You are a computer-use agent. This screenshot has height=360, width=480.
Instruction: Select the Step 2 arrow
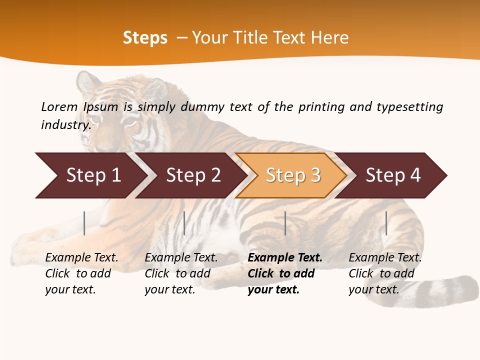tap(192, 175)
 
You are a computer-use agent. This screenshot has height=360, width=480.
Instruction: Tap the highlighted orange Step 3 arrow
tap(292, 175)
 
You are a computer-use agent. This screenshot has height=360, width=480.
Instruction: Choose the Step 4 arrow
tap(393, 175)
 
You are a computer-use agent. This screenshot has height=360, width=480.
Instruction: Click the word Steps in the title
tap(145, 37)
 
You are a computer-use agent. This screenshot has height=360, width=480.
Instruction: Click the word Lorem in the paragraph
tap(59, 106)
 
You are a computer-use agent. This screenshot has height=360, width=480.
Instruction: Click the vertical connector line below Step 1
tap(84, 223)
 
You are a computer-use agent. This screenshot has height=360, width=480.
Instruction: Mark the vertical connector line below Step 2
tap(184, 223)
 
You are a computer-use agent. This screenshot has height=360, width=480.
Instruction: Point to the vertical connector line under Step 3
tap(285, 223)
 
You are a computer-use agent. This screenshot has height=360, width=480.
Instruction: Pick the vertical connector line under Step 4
tap(386, 223)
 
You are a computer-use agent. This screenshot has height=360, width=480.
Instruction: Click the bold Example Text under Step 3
tap(285, 257)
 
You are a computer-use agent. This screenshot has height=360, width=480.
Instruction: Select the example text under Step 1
tap(81, 273)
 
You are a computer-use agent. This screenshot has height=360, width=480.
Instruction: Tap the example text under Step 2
tap(181, 273)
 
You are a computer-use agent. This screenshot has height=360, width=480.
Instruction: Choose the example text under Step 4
tap(385, 273)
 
